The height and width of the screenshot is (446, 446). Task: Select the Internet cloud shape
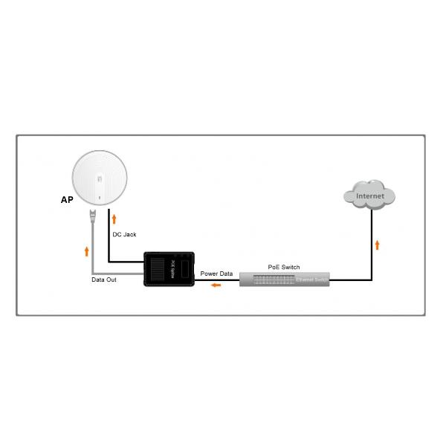(370, 195)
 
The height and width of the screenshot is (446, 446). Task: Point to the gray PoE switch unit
(284, 279)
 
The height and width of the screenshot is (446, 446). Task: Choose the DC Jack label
(124, 234)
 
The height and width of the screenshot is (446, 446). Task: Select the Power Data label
(216, 274)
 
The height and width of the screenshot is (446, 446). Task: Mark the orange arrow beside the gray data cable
(87, 251)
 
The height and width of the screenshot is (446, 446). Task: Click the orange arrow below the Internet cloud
(378, 245)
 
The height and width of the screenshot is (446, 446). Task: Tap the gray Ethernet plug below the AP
(92, 218)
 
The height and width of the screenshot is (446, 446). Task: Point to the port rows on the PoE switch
(271, 279)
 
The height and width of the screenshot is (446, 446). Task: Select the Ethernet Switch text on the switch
(311, 280)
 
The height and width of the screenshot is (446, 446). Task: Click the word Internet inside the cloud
(370, 196)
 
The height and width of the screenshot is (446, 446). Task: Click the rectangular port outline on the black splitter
(182, 268)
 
